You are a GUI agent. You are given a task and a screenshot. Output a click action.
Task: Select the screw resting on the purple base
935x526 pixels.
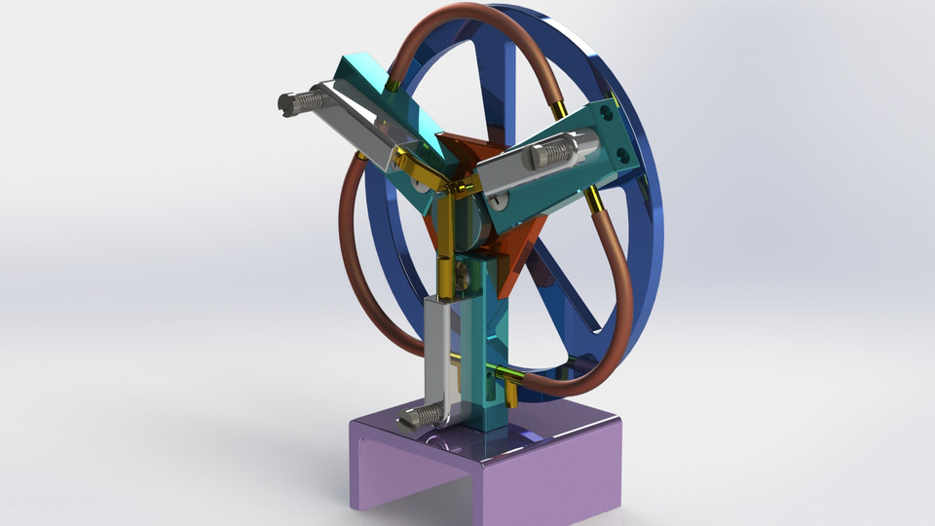pos(419,416)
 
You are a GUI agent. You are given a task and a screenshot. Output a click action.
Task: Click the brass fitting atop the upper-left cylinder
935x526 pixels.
pos(391,88)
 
